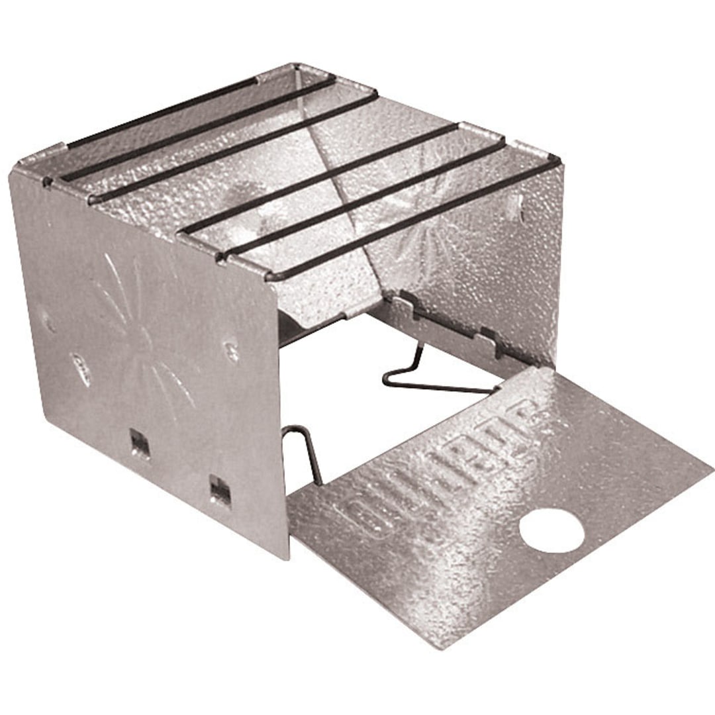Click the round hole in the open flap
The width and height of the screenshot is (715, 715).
pyautogui.click(x=551, y=530)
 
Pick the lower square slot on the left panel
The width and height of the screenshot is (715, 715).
pyautogui.click(x=219, y=491)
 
